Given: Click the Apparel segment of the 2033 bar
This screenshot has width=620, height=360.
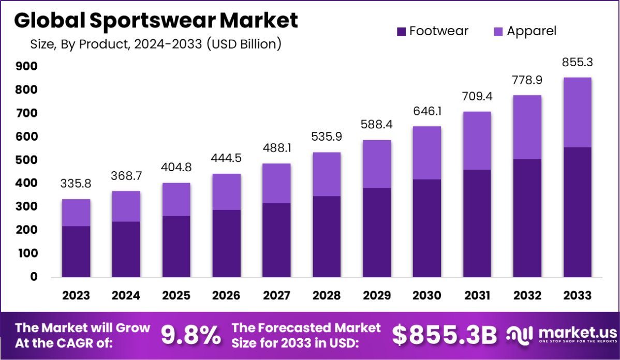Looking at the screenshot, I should tap(578, 112).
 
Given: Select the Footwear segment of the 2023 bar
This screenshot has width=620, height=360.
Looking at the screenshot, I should tap(76, 251).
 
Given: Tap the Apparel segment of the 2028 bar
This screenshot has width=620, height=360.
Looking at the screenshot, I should tap(327, 174).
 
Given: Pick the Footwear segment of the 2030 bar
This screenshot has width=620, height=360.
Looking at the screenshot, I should tap(427, 228).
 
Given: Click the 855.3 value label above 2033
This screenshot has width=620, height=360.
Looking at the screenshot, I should tap(578, 63).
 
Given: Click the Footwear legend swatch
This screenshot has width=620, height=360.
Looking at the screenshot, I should tap(402, 32).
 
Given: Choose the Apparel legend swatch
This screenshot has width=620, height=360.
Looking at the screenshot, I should tap(498, 32).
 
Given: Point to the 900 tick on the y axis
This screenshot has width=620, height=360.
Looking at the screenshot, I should tap(27, 66).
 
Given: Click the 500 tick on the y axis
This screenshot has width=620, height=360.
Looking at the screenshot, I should tap(27, 160).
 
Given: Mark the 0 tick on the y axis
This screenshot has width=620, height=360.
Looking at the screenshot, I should tap(33, 277).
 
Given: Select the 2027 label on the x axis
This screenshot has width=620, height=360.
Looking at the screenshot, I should tap(276, 295).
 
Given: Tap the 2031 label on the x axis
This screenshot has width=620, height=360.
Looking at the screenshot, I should tap(477, 295).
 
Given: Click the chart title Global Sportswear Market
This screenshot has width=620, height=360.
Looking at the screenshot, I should tap(156, 20).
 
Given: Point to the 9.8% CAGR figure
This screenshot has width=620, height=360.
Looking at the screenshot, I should tap(190, 335).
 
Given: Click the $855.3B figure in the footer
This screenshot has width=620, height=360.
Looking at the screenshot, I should tap(444, 335).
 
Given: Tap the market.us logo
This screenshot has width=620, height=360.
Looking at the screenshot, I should tap(561, 335).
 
